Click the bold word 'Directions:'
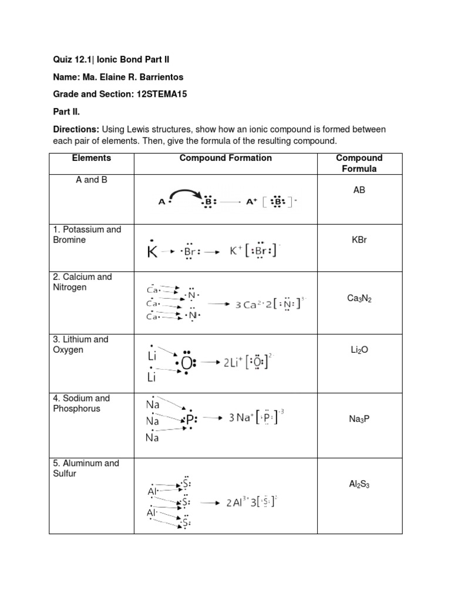coord(75,129)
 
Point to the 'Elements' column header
coord(91,158)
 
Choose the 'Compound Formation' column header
coord(225,158)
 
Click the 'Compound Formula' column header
coord(359,163)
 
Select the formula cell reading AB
coord(359,190)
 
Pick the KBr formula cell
coord(359,240)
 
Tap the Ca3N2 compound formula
coord(359,299)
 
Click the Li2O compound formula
coord(359,350)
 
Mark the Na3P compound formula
coord(359,420)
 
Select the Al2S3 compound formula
coord(359,485)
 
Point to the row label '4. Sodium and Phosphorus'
coord(83,403)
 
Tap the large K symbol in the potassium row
coord(152,253)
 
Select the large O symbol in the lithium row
coord(186,364)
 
